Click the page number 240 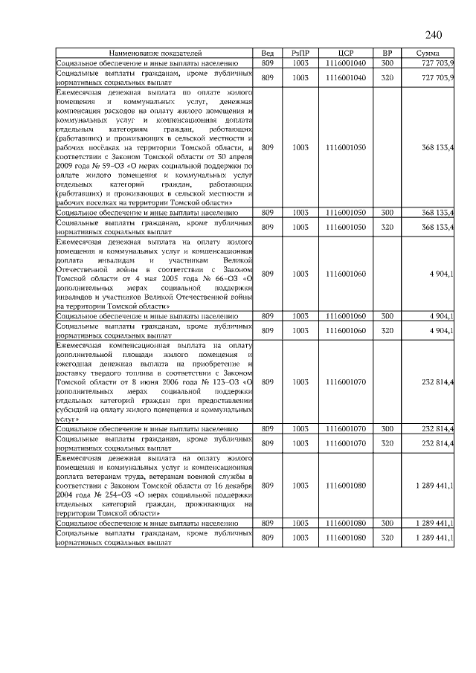[x=434, y=36]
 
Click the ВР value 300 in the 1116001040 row [x=387, y=65]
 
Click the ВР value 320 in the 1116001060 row [x=387, y=329]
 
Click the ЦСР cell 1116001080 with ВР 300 [x=344, y=524]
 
